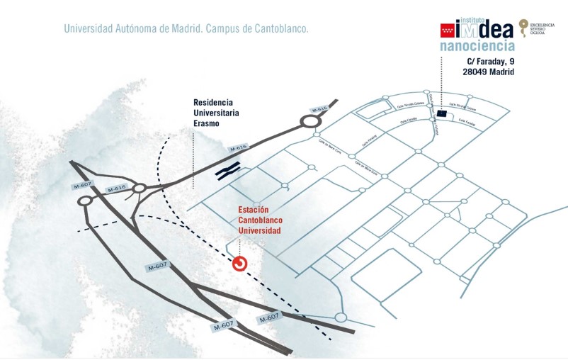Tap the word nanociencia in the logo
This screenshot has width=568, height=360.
(x=477, y=47)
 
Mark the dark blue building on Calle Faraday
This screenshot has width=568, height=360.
(x=441, y=113)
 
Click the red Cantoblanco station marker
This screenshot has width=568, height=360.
(x=240, y=264)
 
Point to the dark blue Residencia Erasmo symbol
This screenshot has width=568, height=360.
(x=229, y=170)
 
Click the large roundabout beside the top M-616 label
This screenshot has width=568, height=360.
(x=310, y=121)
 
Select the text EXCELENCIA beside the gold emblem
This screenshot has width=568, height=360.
(x=545, y=23)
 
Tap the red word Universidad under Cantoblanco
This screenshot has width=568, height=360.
(x=259, y=231)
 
